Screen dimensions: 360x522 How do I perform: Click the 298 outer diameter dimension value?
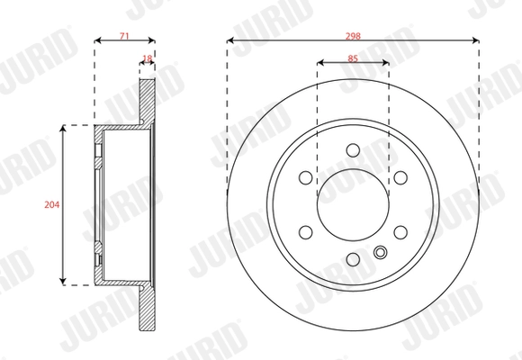pyautogui.click(x=353, y=36)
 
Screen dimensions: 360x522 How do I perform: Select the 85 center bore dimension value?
pyautogui.click(x=353, y=60)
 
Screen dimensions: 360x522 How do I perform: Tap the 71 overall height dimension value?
pyautogui.click(x=124, y=36)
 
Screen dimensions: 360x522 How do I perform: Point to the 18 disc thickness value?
pyautogui.click(x=148, y=60)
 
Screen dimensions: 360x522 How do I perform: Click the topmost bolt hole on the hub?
pyautogui.click(x=353, y=150)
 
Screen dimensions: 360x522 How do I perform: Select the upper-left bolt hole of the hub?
pyautogui.click(x=305, y=177)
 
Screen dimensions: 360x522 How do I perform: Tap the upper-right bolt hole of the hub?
pyautogui.click(x=400, y=177)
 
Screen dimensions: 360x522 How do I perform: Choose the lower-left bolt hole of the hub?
pyautogui.click(x=305, y=232)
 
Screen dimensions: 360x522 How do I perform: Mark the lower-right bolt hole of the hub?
pyautogui.click(x=400, y=232)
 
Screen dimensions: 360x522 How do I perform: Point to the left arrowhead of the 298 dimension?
pyautogui.click(x=231, y=40)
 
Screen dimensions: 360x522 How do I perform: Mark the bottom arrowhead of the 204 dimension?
pyautogui.click(x=62, y=280)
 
